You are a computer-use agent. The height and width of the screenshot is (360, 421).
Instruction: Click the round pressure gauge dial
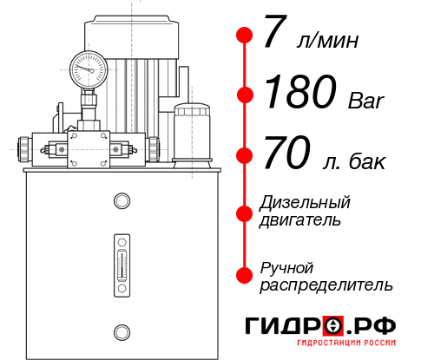tap(88, 66)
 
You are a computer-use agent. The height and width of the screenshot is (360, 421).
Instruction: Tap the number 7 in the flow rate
tap(273, 35)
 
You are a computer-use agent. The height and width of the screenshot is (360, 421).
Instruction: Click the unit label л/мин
tap(327, 41)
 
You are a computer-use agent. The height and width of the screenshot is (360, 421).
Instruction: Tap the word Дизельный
tap(305, 202)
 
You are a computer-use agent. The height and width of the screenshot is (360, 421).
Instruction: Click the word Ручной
tap(286, 266)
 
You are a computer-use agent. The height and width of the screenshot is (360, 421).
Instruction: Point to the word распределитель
tap(326, 285)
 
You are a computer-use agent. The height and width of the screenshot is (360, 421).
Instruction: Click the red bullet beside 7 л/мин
tap(245, 36)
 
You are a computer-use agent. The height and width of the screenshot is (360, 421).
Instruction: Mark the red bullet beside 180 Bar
tap(245, 95)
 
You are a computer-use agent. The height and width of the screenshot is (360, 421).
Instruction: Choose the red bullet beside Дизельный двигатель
tap(245, 212)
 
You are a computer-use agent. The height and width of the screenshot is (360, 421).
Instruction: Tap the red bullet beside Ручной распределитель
tap(245, 275)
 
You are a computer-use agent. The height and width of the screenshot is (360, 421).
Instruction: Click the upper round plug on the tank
tap(122, 201)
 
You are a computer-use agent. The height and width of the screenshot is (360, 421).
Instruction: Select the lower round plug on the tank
tap(122, 330)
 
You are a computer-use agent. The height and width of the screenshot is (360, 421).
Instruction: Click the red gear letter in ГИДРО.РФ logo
tap(332, 326)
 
